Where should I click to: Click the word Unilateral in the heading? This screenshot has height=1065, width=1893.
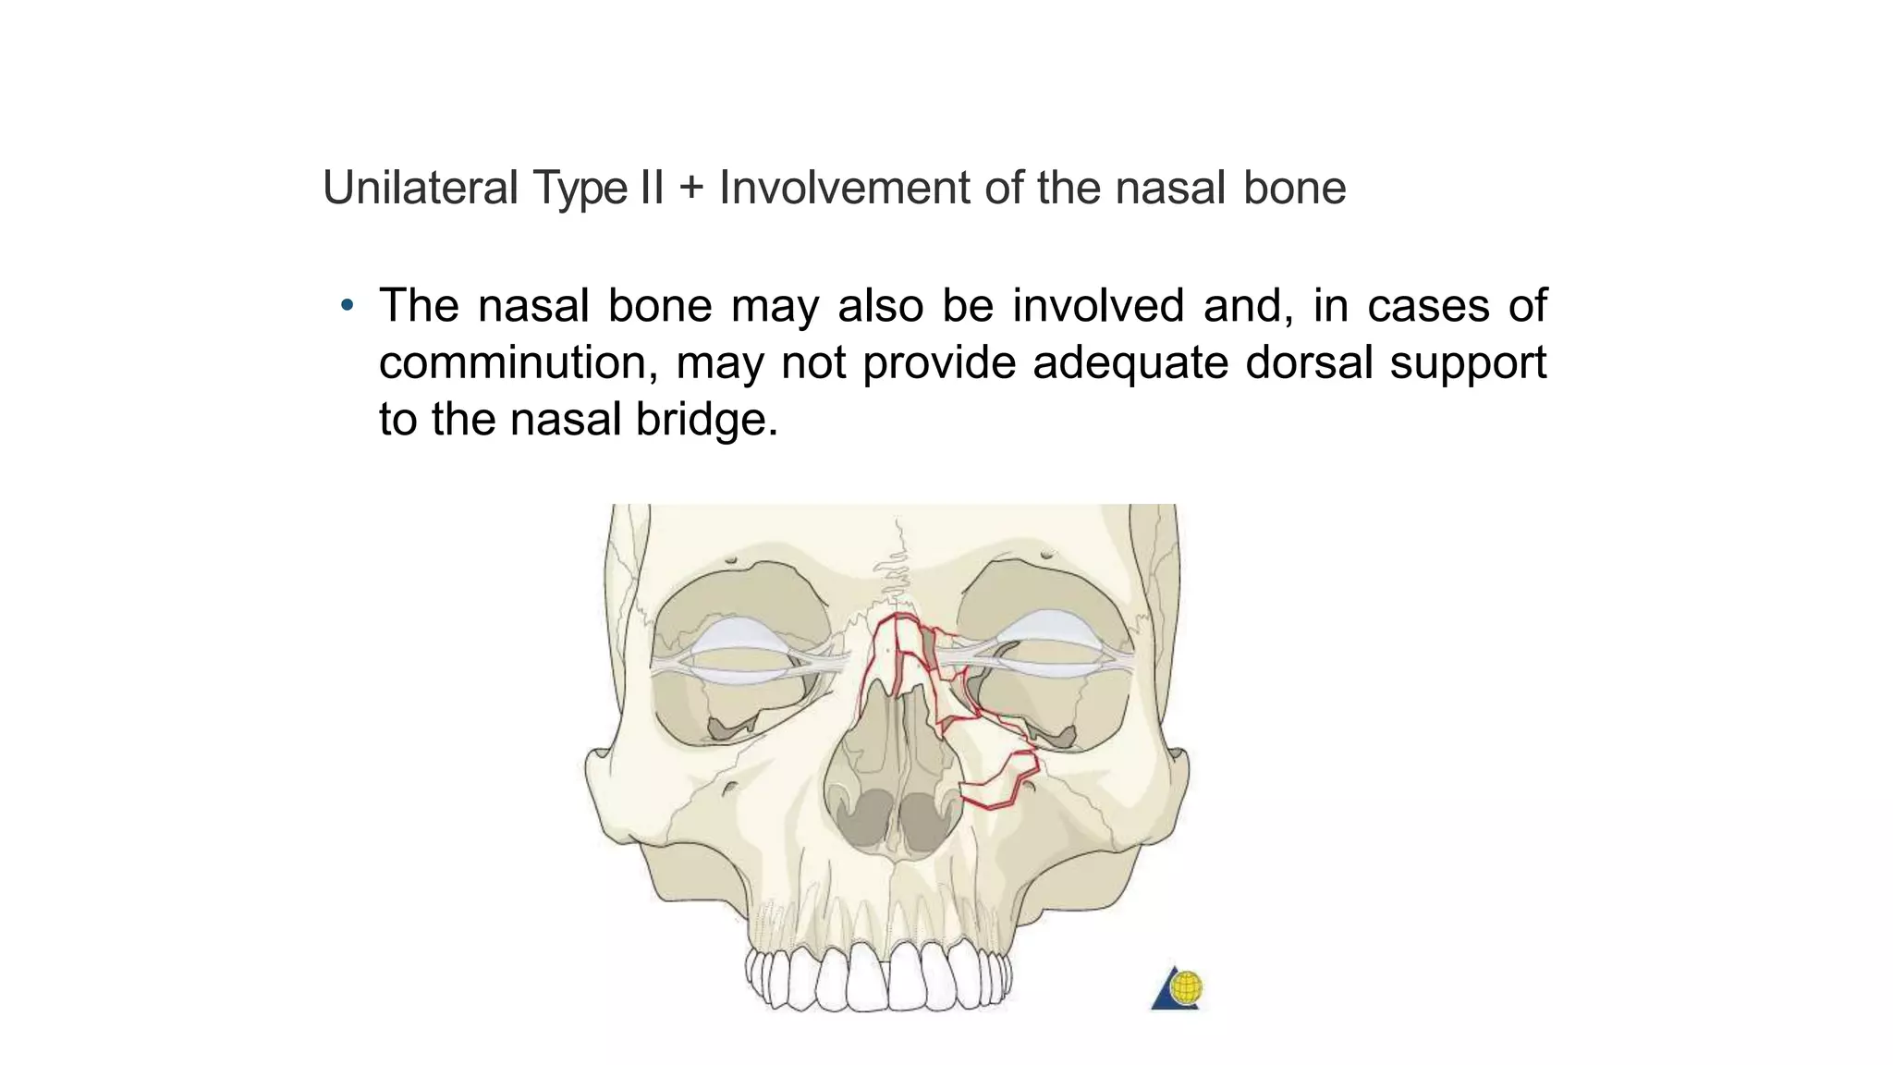pyautogui.click(x=420, y=188)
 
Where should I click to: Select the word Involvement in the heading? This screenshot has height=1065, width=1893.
pyautogui.click(x=844, y=188)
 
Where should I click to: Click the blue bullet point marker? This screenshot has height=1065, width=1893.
pyautogui.click(x=347, y=305)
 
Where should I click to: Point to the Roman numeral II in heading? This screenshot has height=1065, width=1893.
pyautogui.click(x=651, y=188)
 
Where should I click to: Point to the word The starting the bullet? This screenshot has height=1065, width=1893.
pyautogui.click(x=419, y=306)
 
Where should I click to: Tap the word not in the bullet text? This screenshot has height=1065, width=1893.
pyautogui.click(x=813, y=362)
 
